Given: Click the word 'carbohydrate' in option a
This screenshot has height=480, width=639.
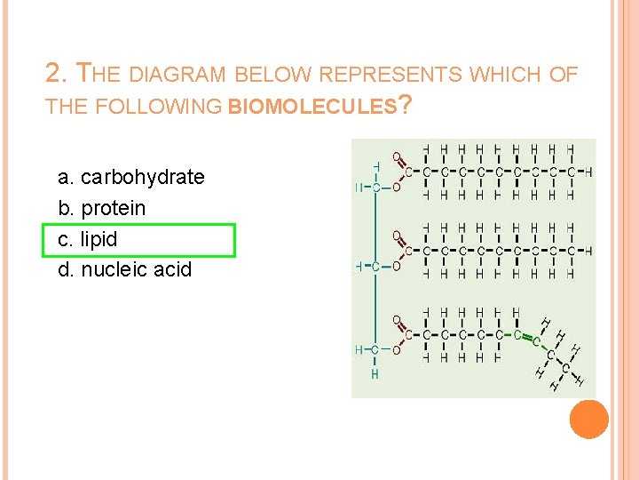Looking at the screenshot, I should pyautogui.click(x=142, y=178).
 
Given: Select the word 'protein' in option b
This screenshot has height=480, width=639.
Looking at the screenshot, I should pyautogui.click(x=114, y=209).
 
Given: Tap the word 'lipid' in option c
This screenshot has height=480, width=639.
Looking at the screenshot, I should pyautogui.click(x=99, y=240).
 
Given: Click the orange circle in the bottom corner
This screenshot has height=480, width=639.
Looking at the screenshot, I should pyautogui.click(x=588, y=419).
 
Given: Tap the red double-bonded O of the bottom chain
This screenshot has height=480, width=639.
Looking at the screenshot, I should pyautogui.click(x=397, y=320).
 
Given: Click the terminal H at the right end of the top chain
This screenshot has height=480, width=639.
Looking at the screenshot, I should pyautogui.click(x=589, y=172).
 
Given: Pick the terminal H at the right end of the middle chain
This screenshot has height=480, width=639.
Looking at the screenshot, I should pyautogui.click(x=589, y=251).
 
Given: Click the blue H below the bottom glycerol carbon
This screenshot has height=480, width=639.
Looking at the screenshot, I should pyautogui.click(x=375, y=374).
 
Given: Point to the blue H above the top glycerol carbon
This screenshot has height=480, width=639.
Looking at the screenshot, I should pyautogui.click(x=375, y=166).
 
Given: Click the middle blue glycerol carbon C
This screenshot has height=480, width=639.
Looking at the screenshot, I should pyautogui.click(x=375, y=266).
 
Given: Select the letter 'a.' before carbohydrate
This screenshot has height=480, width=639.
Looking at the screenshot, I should pyautogui.click(x=66, y=178).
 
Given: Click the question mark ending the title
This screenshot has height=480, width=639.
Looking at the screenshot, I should pyautogui.click(x=405, y=106).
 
